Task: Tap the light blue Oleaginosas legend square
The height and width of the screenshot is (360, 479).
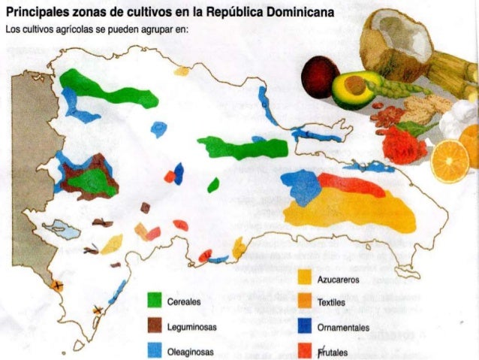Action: (x=155, y=351)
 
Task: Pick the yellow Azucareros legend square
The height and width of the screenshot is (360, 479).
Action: (x=306, y=279)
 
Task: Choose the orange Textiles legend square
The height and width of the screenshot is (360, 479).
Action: (x=306, y=302)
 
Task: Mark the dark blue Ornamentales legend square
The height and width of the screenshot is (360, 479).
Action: (x=306, y=326)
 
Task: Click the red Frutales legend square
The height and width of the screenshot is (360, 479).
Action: (x=306, y=350)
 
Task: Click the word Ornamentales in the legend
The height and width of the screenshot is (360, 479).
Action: (x=344, y=328)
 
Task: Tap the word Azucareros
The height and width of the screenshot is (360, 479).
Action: (x=340, y=280)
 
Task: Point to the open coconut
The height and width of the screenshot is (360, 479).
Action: (x=395, y=42)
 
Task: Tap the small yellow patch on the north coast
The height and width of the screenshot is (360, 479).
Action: (x=182, y=71)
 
